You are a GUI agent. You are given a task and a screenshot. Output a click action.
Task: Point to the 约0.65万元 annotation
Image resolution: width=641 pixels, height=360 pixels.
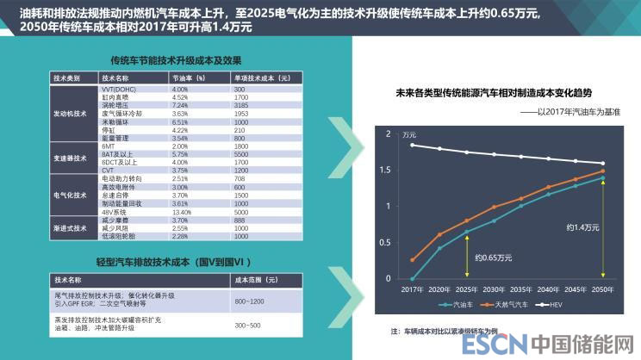click(x=484, y=257)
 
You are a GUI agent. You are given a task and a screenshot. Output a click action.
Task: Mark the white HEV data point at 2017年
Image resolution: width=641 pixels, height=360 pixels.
click(x=412, y=145)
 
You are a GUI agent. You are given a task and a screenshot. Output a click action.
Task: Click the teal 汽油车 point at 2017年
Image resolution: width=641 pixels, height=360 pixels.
click(x=412, y=279)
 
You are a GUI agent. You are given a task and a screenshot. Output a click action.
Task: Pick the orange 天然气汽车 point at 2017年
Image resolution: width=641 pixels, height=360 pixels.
click(x=412, y=260)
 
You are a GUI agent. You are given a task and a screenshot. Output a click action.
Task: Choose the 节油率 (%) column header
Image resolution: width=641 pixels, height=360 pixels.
click(x=187, y=78)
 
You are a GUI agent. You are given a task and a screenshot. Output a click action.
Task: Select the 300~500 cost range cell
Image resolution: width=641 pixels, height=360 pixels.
click(x=248, y=325)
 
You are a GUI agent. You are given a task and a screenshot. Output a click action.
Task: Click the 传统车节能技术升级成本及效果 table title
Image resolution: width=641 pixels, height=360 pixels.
click(x=165, y=60)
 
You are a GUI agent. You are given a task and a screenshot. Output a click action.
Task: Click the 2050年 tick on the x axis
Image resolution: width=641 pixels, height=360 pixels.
click(x=602, y=289)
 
